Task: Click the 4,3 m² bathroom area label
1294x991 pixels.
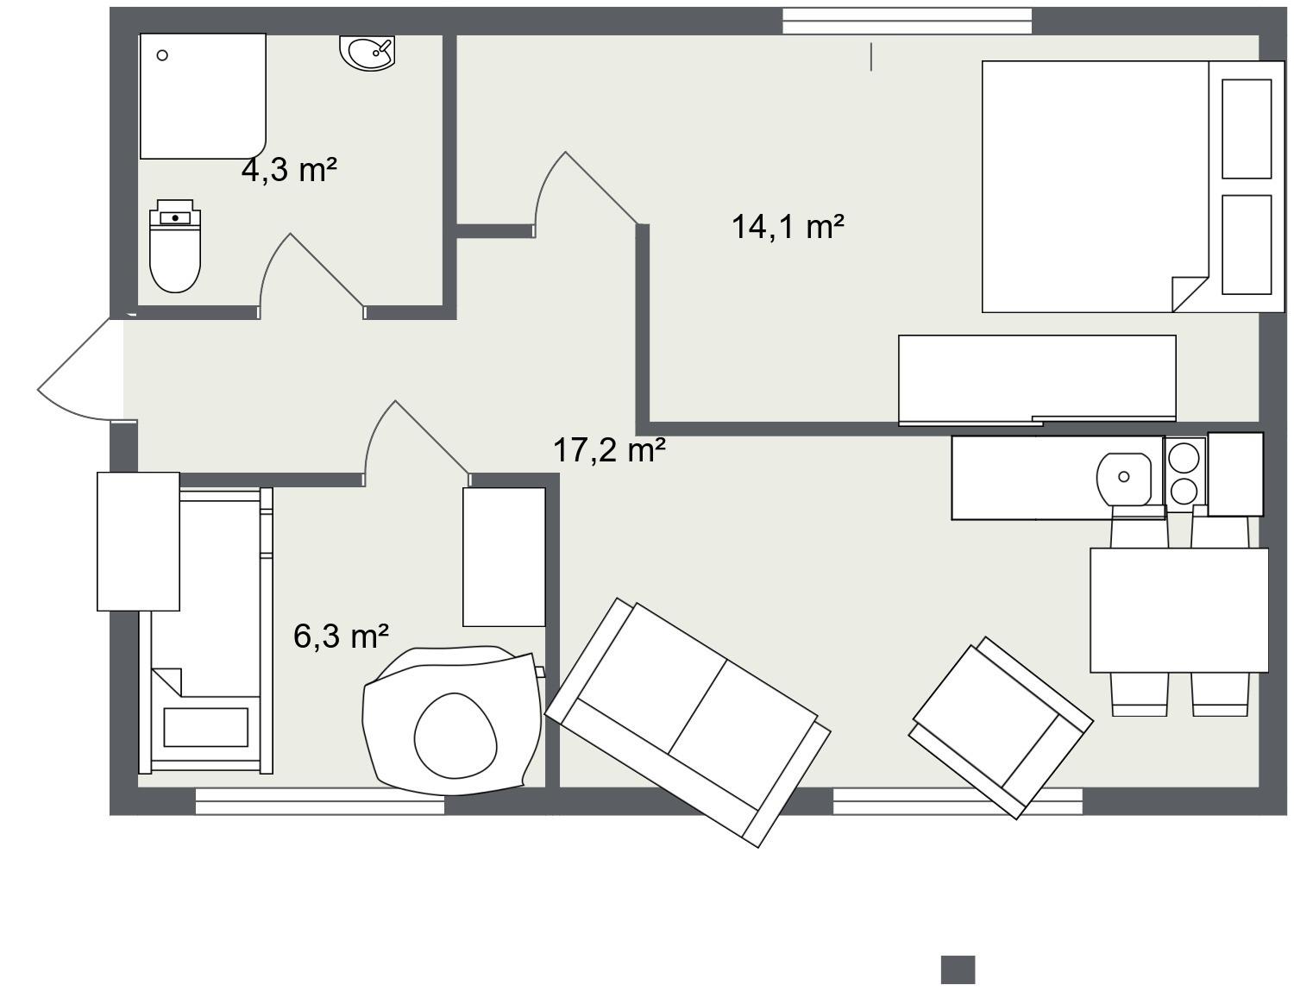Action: tap(289, 170)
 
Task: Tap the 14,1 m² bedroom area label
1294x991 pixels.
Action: tap(788, 227)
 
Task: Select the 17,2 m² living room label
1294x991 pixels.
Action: tap(609, 449)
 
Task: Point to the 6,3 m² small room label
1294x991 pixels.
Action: tap(342, 636)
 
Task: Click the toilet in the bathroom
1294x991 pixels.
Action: tap(175, 246)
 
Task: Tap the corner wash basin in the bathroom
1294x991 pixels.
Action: tap(368, 53)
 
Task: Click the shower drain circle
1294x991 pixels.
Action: tap(162, 55)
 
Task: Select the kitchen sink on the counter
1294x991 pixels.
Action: tap(1124, 479)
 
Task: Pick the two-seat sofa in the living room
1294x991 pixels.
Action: tap(688, 722)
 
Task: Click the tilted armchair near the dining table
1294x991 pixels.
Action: tap(1001, 727)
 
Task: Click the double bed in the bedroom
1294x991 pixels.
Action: tap(1133, 186)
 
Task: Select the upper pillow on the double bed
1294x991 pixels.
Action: tap(1247, 129)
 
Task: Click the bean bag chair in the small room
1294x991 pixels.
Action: tap(454, 720)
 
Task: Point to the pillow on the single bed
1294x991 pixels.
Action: tap(205, 727)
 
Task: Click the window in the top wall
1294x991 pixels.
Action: tap(907, 21)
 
